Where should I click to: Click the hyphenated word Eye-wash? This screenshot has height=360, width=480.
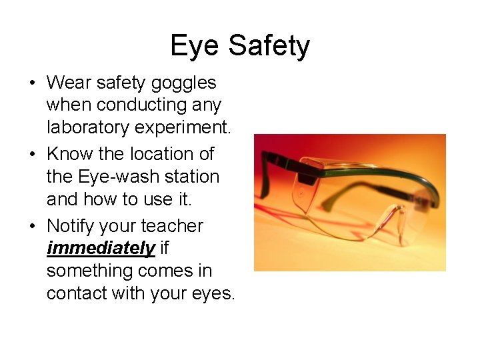pos(103,177)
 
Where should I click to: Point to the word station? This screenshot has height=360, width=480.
pos(192,177)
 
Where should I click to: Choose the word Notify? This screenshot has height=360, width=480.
pos(76,226)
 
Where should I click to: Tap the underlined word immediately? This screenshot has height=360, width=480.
pos(101,249)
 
